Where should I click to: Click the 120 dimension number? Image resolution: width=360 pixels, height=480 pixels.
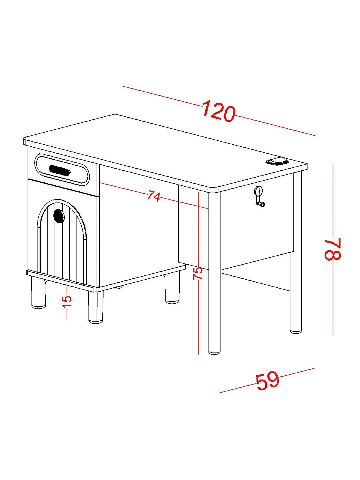(219, 112)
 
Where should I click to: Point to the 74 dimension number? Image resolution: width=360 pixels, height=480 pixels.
(154, 195)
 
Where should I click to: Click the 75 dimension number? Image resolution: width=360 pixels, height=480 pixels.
(198, 273)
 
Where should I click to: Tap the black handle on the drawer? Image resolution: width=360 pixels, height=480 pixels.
(60, 170)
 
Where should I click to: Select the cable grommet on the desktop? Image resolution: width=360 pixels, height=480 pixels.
(277, 161)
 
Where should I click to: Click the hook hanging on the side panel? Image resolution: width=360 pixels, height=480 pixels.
(259, 196)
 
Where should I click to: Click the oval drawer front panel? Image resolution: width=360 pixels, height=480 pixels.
(62, 170)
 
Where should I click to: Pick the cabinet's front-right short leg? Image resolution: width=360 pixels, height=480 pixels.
(95, 307)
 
